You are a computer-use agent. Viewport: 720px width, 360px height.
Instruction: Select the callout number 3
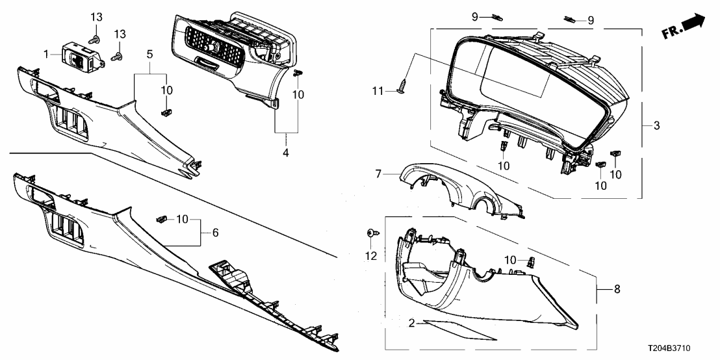coord(656,125)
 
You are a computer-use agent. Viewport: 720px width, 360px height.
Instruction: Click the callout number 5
coord(150,55)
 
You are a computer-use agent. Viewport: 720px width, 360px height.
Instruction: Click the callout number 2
coord(412,323)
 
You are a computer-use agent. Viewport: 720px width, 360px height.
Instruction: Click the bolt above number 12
coord(373,232)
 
